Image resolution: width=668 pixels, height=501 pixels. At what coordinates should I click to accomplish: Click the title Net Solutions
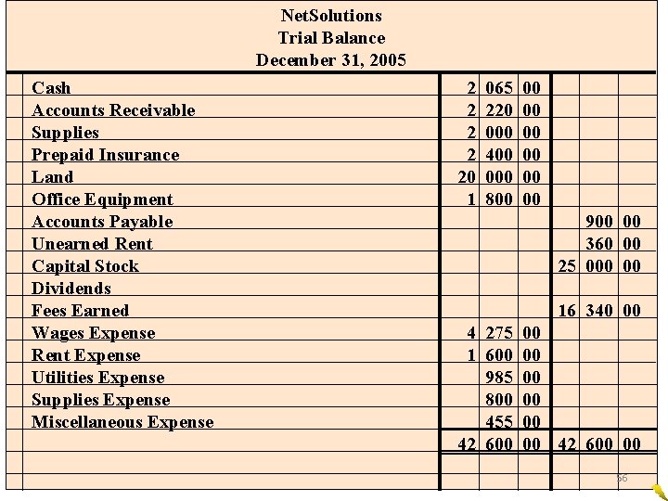(x=330, y=16)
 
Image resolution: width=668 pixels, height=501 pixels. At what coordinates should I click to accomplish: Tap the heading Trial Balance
(x=330, y=38)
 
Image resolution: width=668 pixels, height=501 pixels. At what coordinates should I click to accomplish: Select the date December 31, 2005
(x=330, y=60)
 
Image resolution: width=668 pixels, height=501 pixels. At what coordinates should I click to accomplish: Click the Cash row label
(x=51, y=88)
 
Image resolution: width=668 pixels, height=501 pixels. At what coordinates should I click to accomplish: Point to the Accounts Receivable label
(x=113, y=110)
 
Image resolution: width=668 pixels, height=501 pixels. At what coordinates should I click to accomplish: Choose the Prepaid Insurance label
(x=105, y=155)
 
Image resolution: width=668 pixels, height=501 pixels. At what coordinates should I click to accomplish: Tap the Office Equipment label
(x=102, y=199)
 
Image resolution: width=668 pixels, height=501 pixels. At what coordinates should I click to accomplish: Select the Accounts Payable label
(x=102, y=222)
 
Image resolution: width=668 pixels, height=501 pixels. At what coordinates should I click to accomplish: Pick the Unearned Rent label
(x=92, y=244)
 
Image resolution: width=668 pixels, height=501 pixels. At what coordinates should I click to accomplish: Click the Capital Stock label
(x=85, y=266)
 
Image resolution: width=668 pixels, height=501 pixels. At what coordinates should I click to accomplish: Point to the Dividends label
(x=71, y=289)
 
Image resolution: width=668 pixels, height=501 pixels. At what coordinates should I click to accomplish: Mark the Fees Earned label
(x=80, y=311)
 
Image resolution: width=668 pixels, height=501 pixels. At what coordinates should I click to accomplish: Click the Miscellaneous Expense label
(x=122, y=422)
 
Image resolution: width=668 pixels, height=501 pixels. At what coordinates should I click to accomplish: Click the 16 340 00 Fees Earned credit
(x=597, y=311)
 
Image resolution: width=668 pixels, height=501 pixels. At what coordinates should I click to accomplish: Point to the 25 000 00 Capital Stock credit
(x=597, y=266)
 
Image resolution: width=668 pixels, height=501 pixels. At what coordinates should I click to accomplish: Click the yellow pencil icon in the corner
(x=658, y=491)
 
